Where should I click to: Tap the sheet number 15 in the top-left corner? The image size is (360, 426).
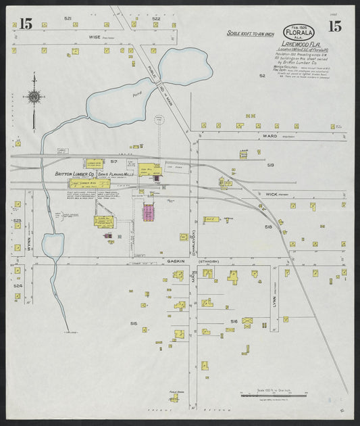26,25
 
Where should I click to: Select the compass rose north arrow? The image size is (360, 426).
33,97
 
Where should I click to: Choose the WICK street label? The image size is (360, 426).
272,194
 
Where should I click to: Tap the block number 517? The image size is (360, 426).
114,162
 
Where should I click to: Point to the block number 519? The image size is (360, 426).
270,165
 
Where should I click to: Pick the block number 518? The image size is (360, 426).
268,227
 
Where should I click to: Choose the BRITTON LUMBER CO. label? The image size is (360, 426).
75,174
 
